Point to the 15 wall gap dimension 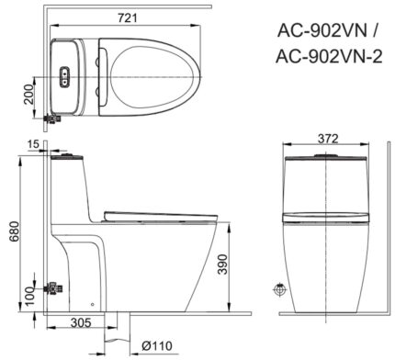click(x=33, y=144)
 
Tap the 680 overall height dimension click(x=11, y=234)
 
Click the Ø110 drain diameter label click(x=159, y=347)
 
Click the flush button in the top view click(x=65, y=77)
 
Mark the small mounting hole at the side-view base click(x=92, y=300)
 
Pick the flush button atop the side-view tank click(x=69, y=157)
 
